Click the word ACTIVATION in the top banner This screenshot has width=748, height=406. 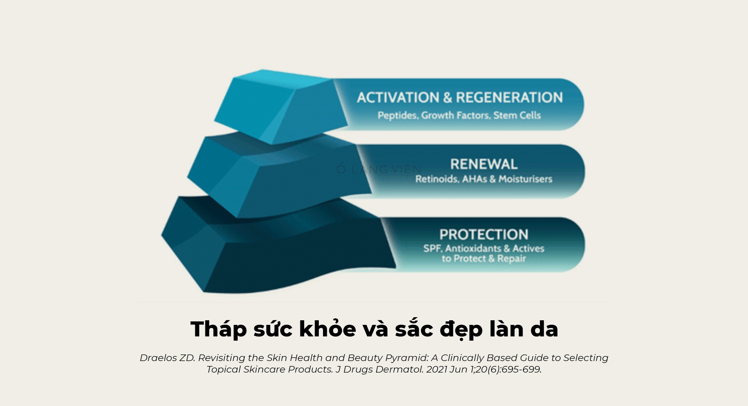point(398,98)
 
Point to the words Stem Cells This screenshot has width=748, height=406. point(517,115)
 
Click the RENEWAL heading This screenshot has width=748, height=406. point(484,164)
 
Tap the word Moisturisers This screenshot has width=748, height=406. point(525,179)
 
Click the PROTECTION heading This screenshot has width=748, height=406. point(484,235)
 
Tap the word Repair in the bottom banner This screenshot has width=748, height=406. point(511,259)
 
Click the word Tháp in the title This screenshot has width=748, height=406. point(218,329)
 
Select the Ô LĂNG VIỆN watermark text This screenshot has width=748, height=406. point(379,170)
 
